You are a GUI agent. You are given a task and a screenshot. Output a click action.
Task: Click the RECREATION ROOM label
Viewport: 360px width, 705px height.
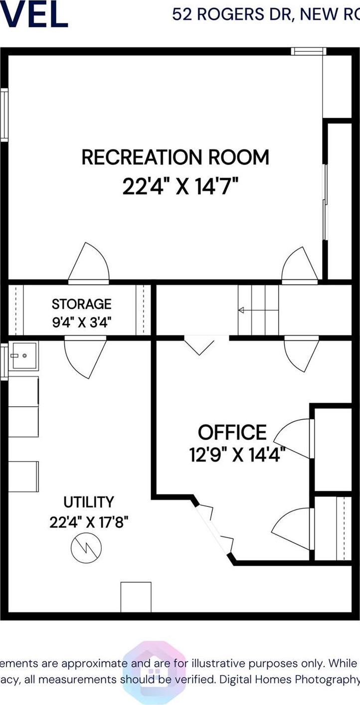(x=175, y=157)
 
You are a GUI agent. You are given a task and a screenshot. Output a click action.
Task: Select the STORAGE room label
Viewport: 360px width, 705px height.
(x=82, y=303)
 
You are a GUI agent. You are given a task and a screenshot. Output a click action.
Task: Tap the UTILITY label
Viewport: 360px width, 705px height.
(x=89, y=501)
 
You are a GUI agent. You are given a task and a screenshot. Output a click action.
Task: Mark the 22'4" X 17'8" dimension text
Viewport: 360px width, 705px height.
(x=89, y=522)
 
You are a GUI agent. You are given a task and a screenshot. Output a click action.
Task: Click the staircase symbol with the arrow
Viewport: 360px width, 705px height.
(x=258, y=310)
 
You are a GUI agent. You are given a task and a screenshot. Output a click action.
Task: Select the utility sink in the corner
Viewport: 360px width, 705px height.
(x=24, y=356)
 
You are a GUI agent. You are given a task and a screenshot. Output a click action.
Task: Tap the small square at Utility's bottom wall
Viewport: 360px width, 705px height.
(x=136, y=596)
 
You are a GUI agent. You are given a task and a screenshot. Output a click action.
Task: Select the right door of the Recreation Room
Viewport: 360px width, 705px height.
(x=299, y=266)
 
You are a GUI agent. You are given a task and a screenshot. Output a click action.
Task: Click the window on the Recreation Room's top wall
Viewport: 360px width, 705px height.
(x=309, y=51)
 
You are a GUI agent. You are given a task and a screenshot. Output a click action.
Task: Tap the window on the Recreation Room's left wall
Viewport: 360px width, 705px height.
(x=4, y=115)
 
